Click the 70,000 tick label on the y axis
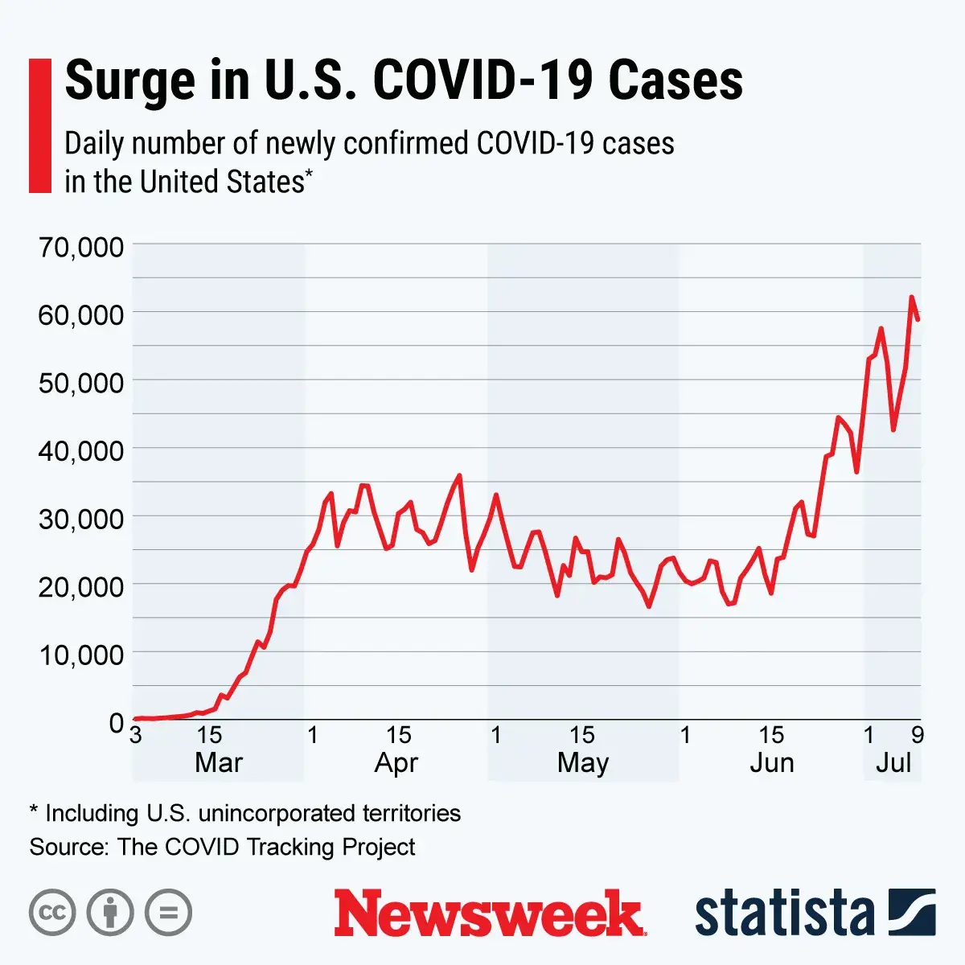(81, 247)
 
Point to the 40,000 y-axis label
(81, 450)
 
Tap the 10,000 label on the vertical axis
(81, 655)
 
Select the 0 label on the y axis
(117, 722)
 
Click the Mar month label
(218, 762)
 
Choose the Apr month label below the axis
(396, 762)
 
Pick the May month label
(583, 762)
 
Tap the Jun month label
(772, 762)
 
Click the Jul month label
(893, 762)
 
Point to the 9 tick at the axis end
(918, 734)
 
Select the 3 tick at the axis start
(136, 734)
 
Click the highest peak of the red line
(912, 297)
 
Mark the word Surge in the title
(129, 80)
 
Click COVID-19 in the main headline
(483, 80)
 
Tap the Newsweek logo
(489, 913)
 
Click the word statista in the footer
(784, 914)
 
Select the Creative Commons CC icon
(52, 913)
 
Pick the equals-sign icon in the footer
(169, 913)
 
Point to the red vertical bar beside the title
(39, 125)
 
